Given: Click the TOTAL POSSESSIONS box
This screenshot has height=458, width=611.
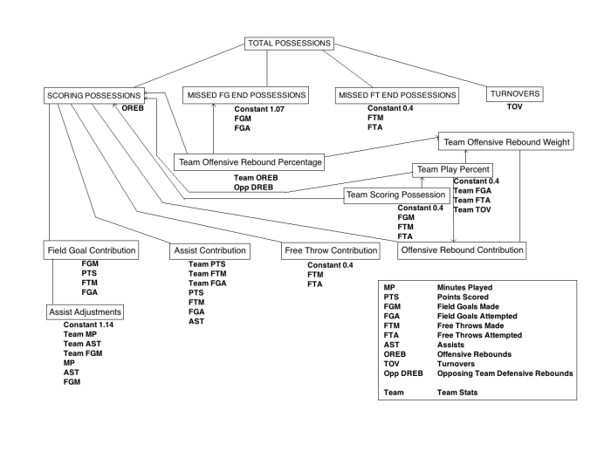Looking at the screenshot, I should click(x=288, y=43).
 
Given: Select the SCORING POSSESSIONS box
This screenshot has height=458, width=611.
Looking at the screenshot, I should click(x=93, y=94).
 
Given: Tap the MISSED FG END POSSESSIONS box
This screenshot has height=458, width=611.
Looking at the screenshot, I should click(x=245, y=94).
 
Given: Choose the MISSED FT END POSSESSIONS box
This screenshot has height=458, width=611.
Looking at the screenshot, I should click(x=391, y=94).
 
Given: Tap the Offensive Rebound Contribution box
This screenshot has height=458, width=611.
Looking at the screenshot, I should click(x=463, y=250).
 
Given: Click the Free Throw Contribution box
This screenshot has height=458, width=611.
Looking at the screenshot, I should click(x=332, y=251).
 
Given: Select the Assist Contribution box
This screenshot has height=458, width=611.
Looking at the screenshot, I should click(x=209, y=251).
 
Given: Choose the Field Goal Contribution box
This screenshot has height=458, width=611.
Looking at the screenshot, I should click(x=91, y=251).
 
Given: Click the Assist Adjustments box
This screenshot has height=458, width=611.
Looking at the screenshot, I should click(x=85, y=311).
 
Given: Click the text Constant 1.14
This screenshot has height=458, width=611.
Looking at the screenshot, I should click(x=90, y=325).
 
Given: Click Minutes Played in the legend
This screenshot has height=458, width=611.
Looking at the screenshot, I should click(x=467, y=287).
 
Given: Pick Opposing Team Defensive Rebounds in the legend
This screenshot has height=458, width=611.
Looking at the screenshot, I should click(x=505, y=373).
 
